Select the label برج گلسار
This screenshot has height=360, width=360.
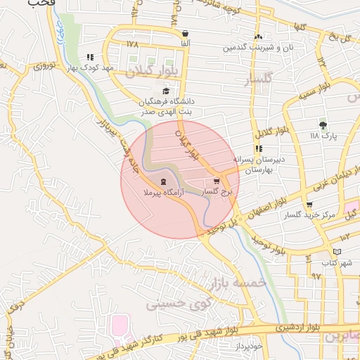tap(217, 191)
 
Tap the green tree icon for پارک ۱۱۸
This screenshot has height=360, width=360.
tap(323, 125)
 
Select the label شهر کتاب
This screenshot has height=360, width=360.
tap(336, 262)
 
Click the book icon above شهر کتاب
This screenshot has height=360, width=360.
tap(337, 252)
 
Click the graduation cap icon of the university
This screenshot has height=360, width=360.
tap(166, 91)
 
